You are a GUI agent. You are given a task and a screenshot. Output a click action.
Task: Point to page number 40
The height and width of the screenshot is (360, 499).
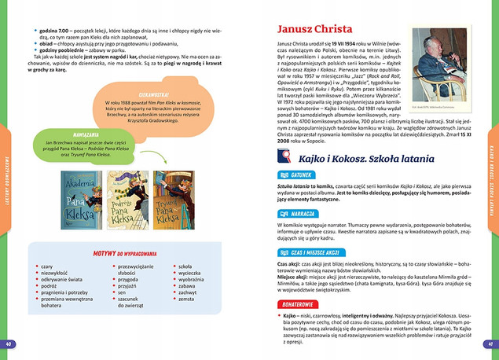coord(9,344)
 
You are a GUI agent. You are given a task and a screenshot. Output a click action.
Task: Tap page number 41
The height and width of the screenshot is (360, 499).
coord(488,344)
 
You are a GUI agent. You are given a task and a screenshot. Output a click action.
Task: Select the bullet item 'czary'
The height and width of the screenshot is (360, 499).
coord(48,267)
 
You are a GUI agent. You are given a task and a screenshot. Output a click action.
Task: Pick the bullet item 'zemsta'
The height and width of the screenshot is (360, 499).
coord(186,299)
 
